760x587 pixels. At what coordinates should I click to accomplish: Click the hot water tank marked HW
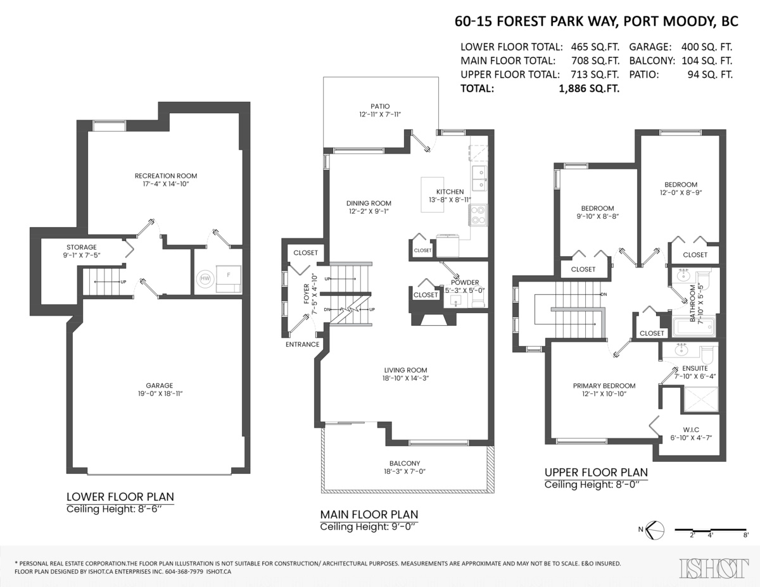[205, 278]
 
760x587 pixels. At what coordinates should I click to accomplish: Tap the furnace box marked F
[229, 279]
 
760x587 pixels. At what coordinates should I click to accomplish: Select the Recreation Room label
[166, 176]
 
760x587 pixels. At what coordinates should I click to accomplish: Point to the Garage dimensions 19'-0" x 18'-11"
[160, 393]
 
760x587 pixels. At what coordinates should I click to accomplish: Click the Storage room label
[82, 247]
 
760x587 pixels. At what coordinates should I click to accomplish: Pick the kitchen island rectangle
[433, 194]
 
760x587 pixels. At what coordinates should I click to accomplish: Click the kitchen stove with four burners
[478, 215]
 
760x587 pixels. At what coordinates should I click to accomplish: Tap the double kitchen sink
[479, 178]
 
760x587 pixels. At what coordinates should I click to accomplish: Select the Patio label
[380, 106]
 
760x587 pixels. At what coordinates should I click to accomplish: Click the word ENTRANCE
[303, 344]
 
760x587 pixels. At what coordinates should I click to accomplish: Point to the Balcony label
[405, 464]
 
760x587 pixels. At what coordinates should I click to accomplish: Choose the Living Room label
[406, 370]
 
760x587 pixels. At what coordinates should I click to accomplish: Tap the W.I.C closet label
[691, 430]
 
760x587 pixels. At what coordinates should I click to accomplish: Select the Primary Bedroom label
[604, 386]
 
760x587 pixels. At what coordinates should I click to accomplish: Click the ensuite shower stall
[700, 399]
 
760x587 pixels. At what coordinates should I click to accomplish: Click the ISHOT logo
[714, 569]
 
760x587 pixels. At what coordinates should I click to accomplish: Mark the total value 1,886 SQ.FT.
[589, 89]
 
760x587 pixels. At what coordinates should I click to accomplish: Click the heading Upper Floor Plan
[597, 473]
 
